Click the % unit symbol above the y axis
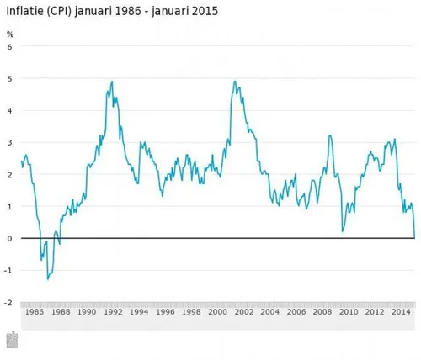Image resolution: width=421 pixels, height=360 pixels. point(10,34)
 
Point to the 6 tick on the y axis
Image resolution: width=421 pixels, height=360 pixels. point(10,47)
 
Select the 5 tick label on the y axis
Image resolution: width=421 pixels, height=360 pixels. point(10,79)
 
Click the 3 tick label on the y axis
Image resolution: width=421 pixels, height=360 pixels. point(10,143)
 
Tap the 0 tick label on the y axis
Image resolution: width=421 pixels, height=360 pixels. point(10,239)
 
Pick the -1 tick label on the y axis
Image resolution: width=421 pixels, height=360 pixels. point(8,271)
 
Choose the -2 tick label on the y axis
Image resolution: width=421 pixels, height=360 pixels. point(8,303)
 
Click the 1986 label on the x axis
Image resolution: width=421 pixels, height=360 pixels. point(34,312)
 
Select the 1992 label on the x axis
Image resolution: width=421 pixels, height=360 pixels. point(113,312)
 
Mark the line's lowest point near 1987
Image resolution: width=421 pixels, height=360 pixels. point(47,278)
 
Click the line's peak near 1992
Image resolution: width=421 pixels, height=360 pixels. point(113,82)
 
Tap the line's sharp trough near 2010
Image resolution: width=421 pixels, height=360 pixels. point(342,230)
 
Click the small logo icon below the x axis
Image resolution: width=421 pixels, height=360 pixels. point(12,340)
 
